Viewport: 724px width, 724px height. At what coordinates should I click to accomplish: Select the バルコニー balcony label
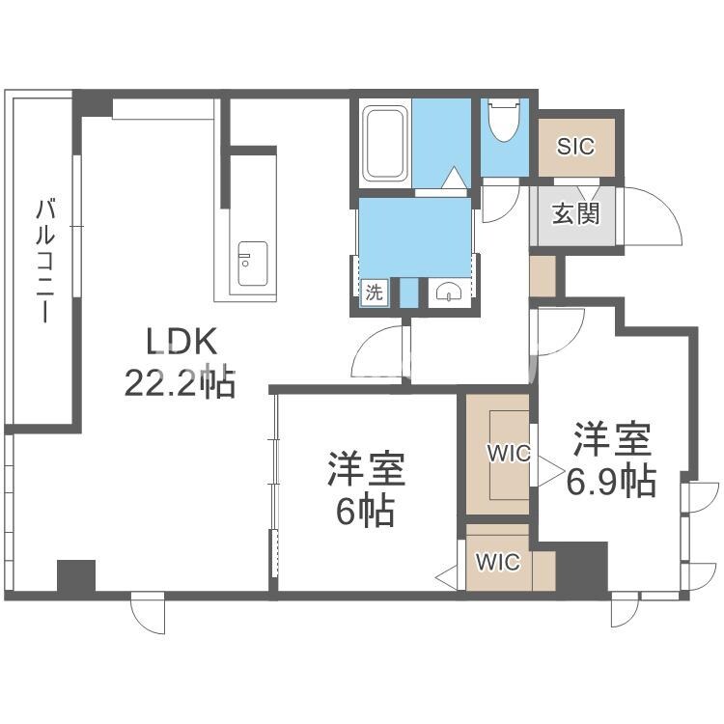[x=44, y=261]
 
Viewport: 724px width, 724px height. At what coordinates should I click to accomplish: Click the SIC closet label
[x=576, y=147]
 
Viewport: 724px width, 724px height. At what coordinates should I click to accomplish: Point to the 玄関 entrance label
[x=576, y=212]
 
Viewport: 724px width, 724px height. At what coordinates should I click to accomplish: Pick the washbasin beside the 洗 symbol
[x=445, y=292]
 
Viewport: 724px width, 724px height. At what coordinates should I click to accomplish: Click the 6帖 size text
[x=365, y=512]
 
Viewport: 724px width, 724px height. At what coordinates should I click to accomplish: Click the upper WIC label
[x=508, y=453]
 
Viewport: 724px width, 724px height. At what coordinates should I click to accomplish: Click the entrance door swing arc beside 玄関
[x=656, y=217]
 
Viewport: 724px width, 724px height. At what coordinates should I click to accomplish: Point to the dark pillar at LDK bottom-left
[x=75, y=576]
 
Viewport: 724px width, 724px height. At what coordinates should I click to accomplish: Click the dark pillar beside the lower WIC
[x=582, y=570]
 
